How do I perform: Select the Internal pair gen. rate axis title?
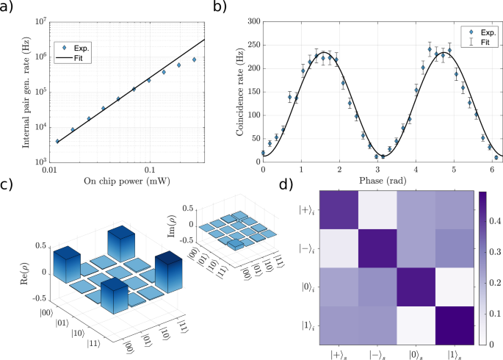(x=16, y=92)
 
